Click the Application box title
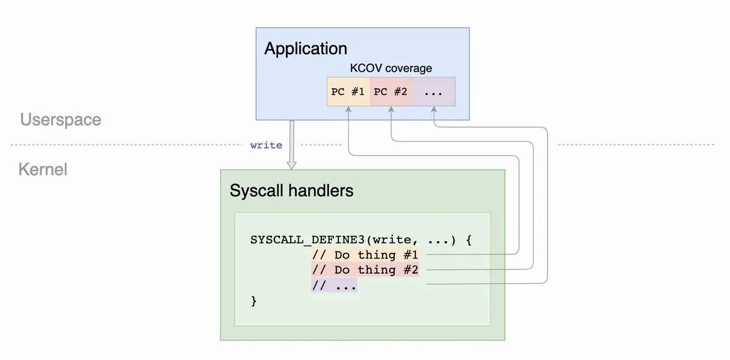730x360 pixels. (305, 49)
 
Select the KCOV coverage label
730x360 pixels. (391, 68)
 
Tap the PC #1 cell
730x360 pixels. (349, 92)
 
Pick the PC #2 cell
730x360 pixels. (391, 92)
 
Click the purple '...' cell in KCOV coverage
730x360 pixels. (434, 92)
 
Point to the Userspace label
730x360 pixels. (61, 120)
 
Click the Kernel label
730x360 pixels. (43, 170)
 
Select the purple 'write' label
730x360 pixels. (266, 145)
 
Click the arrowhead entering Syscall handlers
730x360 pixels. (291, 165)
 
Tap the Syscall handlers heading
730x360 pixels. (291, 190)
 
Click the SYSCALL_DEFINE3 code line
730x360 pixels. (361, 240)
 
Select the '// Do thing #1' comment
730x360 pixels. (365, 255)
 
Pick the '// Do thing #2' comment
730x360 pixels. (365, 270)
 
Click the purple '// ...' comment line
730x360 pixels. (334, 285)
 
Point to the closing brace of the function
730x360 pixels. (254, 301)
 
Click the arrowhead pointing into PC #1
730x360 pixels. (349, 109)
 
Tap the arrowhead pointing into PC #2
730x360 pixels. (391, 109)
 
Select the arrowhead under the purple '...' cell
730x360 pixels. (434, 109)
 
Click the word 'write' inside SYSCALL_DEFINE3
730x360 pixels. (391, 240)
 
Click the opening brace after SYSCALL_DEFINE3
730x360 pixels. (468, 240)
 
